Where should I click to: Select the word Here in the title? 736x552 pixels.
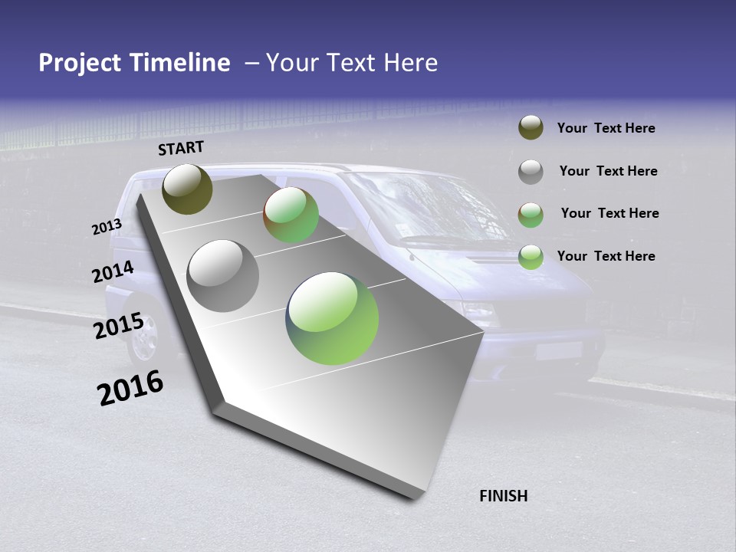[x=411, y=63]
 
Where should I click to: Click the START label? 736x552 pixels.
[x=181, y=148]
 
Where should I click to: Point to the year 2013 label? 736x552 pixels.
[x=107, y=227]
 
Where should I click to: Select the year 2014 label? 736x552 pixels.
[x=113, y=272]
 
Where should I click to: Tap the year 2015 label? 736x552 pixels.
[x=118, y=326]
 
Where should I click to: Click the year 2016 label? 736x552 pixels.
[x=130, y=388]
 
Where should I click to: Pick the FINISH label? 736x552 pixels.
[x=504, y=496]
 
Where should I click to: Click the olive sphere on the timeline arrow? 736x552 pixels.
[x=187, y=189]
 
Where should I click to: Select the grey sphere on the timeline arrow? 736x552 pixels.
[x=223, y=276]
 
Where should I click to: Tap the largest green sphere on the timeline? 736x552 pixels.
[x=332, y=318]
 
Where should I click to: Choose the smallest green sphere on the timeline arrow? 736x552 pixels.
[x=291, y=215]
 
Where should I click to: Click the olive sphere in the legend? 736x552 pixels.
[x=531, y=128]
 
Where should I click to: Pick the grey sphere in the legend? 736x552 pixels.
[x=531, y=171]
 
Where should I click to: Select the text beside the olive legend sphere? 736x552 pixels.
[x=606, y=128]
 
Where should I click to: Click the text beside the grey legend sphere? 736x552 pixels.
[x=608, y=171]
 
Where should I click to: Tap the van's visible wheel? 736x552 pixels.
[x=143, y=338]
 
